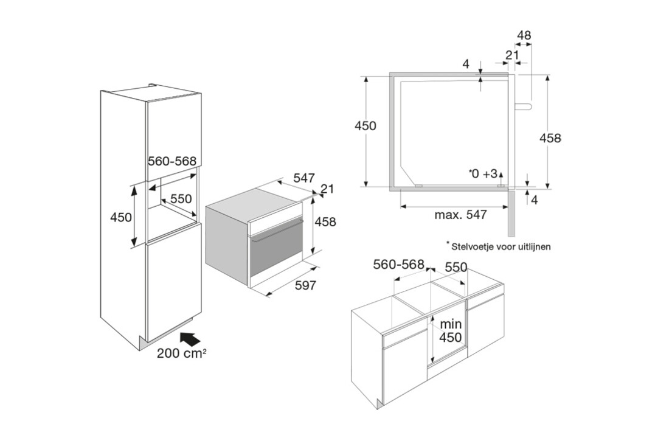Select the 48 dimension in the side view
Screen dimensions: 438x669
tap(524, 36)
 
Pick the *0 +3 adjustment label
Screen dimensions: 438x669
tap(484, 173)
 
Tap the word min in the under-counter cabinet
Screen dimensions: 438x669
tap(451, 324)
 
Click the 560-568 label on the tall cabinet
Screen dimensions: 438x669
tap(172, 161)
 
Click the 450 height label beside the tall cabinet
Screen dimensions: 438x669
tap(122, 217)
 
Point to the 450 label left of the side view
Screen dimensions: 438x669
tap(366, 126)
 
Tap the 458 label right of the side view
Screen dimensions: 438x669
tap(550, 138)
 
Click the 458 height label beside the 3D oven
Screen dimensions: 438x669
tap(325, 222)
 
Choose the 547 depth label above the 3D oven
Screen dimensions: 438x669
tap(303, 178)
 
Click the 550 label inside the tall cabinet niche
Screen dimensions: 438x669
tap(180, 198)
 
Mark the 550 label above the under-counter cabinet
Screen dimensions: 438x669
tap(456, 267)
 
